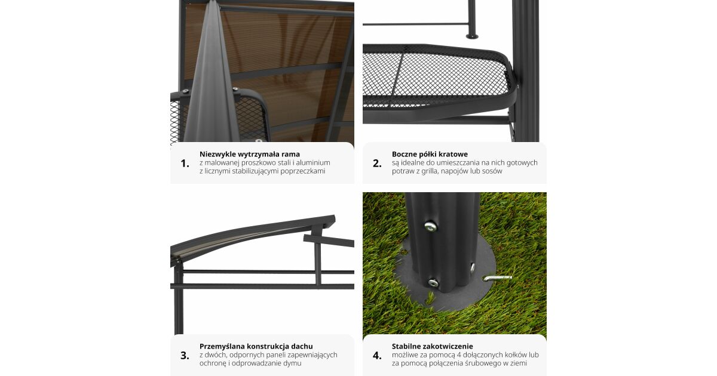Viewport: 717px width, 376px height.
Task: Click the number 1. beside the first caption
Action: (185, 164)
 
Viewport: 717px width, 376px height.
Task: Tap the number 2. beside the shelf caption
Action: (377, 164)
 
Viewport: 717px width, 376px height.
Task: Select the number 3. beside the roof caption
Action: (185, 356)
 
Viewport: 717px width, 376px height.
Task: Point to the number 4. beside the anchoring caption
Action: (377, 356)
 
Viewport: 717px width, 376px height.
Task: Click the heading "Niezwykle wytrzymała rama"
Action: (250, 154)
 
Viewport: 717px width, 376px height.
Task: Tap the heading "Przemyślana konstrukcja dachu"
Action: (256, 346)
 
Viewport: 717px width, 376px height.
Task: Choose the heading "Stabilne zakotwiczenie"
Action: (432, 346)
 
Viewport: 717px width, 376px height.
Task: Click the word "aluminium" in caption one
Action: (314, 163)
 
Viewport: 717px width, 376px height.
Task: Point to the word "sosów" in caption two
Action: (494, 171)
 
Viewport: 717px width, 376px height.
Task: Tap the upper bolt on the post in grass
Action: (430, 226)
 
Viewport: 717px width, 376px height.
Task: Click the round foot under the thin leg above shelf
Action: (472, 36)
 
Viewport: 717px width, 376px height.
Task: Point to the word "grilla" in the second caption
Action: (429, 171)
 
